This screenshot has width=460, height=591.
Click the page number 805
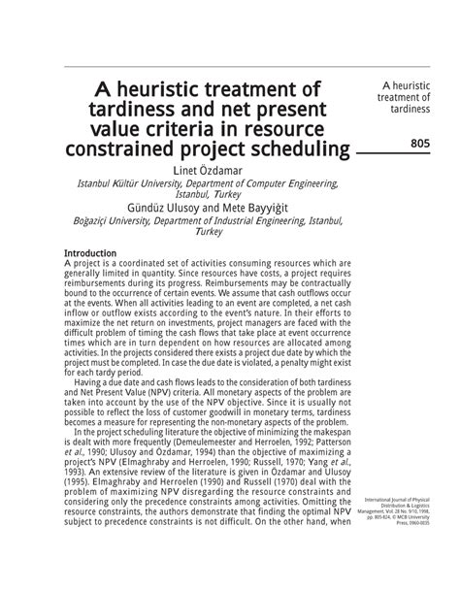coord(419,145)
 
